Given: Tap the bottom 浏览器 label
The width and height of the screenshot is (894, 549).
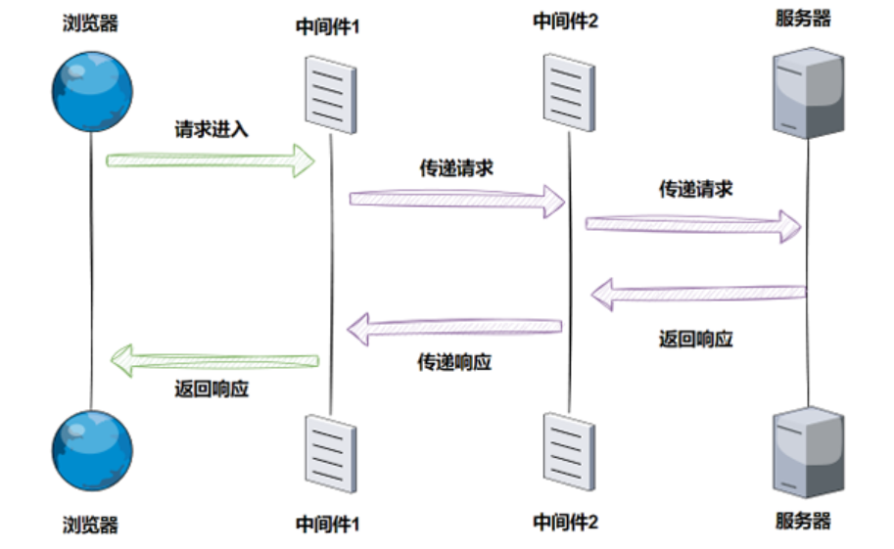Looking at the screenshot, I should point(90,525).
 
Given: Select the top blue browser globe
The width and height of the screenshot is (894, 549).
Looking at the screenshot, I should point(91,91).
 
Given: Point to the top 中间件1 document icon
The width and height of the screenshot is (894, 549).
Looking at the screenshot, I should point(330,93).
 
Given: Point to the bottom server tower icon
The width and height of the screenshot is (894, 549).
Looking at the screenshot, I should point(808,453).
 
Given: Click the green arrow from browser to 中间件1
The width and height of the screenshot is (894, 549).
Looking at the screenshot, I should point(211,159).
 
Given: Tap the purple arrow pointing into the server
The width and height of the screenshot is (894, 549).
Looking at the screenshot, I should point(693,224).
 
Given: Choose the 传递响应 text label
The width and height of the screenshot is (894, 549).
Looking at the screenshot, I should point(454,363).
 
